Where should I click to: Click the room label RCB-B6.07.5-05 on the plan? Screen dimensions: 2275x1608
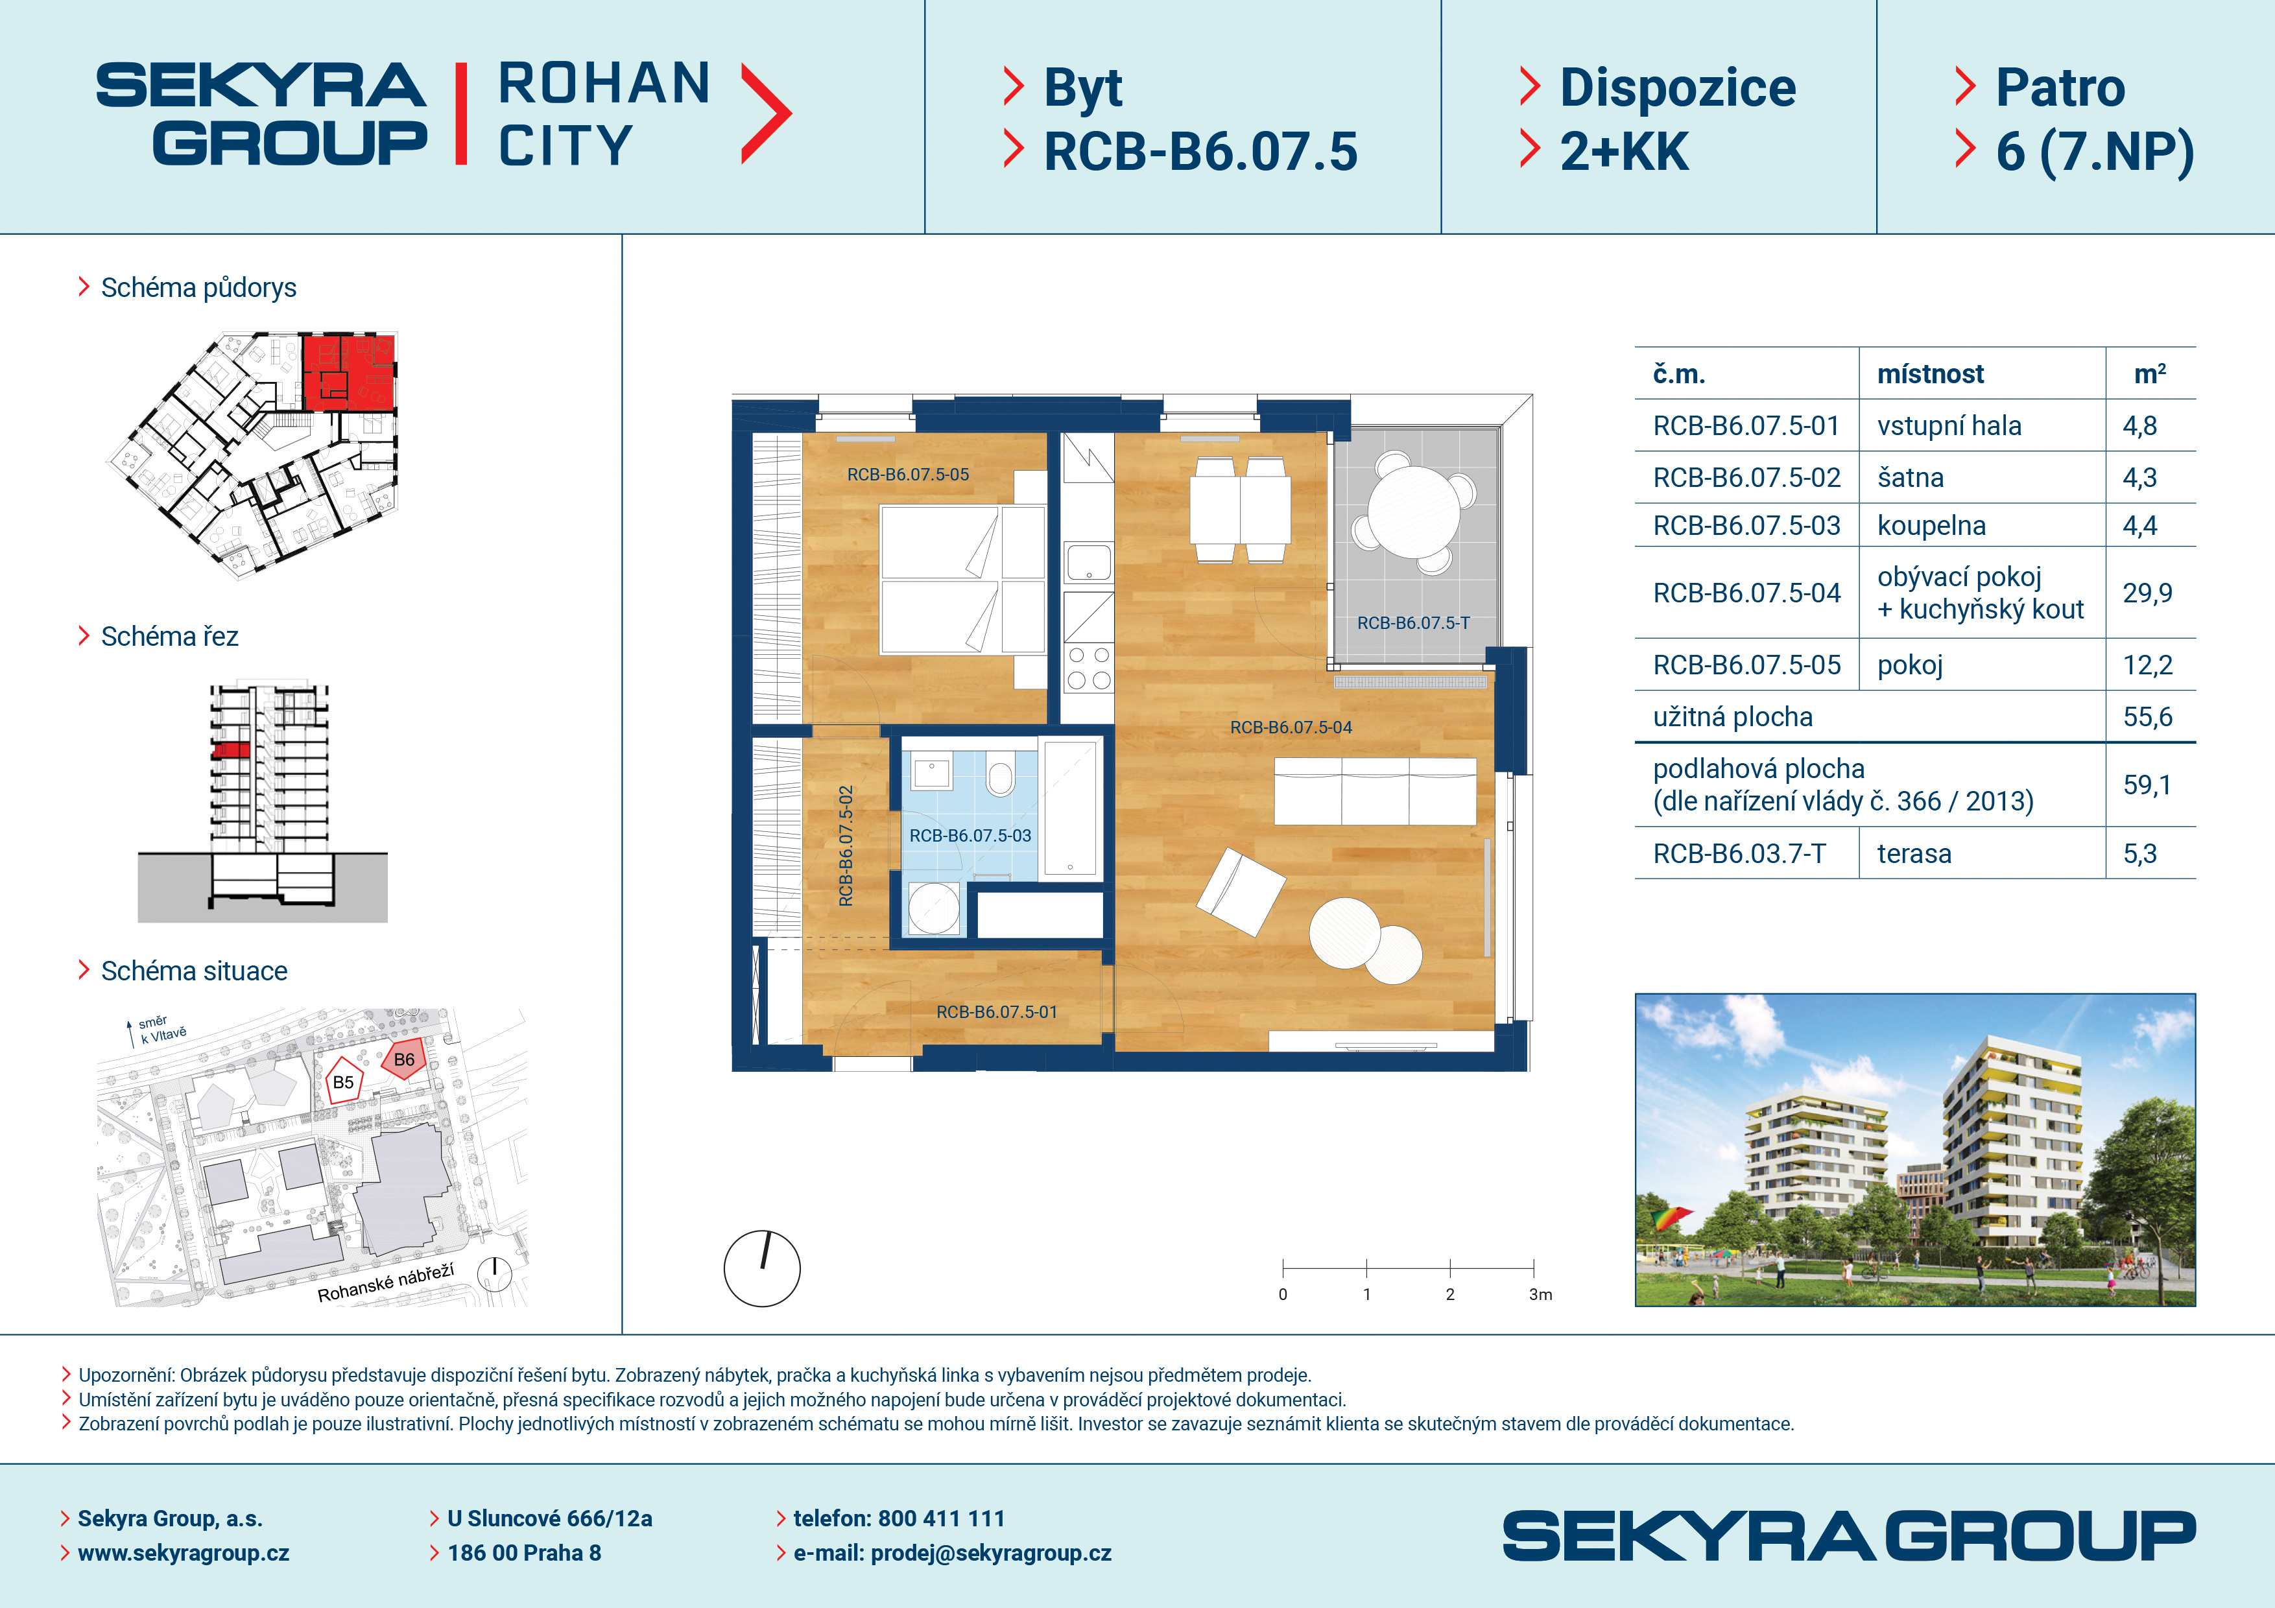coord(908,475)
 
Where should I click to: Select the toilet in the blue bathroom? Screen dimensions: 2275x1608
coord(1001,774)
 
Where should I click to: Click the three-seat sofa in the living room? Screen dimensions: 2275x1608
coord(1376,790)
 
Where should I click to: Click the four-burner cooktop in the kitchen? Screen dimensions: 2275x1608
coord(1088,668)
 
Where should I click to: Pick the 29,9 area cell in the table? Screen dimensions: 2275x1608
coord(2147,593)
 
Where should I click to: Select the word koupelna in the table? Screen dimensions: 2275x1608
coord(1931,526)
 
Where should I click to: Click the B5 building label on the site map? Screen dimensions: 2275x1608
coord(343,1083)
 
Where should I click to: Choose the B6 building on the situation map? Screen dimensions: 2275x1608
coord(404,1059)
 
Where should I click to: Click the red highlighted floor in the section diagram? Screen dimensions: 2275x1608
coord(231,750)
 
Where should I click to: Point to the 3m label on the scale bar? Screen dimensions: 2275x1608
coord(1541,1295)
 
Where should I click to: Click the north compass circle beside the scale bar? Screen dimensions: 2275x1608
coord(762,1268)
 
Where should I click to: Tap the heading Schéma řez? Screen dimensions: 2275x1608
coord(169,636)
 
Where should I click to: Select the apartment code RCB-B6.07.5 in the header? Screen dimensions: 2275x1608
coord(1201,152)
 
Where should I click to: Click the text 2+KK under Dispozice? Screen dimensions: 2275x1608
coord(1624,152)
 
